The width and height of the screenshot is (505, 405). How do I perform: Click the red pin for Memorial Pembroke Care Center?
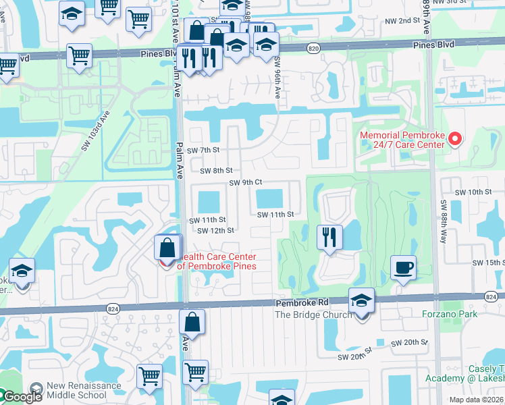point(454,140)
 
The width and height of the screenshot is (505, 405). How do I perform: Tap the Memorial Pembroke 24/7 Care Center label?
point(402,140)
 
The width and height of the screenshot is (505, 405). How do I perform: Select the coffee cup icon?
point(403,268)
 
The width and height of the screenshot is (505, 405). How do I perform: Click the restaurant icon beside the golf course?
point(329,237)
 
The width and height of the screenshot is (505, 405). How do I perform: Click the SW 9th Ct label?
point(245,182)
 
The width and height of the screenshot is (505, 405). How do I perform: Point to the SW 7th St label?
point(204,149)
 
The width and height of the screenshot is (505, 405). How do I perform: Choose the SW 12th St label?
point(215,230)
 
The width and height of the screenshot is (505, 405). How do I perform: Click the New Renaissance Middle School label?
point(84,391)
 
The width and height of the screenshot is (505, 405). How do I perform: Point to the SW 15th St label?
point(488,262)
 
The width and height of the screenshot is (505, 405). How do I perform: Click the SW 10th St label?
point(473,192)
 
